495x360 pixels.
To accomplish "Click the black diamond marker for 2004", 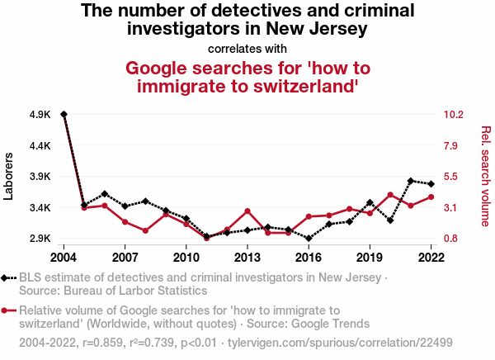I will [x=64, y=114].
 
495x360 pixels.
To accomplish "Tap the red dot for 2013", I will [x=247, y=211].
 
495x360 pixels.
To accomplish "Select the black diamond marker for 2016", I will [x=309, y=239].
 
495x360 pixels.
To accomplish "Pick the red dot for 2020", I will [x=390, y=195].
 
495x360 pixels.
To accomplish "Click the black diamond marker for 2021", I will [x=411, y=180].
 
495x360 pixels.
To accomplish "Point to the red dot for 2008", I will [x=145, y=230].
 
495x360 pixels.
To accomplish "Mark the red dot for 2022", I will [x=431, y=197].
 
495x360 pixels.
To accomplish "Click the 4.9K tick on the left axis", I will [x=40, y=115].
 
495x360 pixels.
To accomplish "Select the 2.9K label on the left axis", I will [x=40, y=239].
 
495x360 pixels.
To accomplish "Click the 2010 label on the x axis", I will [x=186, y=257].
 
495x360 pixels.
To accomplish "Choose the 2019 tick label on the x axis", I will [x=370, y=257].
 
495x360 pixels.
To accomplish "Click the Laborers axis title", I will [x=10, y=176].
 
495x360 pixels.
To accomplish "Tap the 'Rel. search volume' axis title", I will [x=485, y=176].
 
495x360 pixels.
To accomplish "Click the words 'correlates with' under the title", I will [x=247, y=49].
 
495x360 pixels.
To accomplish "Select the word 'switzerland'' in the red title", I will [x=301, y=84].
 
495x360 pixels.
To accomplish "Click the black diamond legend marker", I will [x=7, y=277].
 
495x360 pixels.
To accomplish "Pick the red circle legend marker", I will [x=7, y=310].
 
